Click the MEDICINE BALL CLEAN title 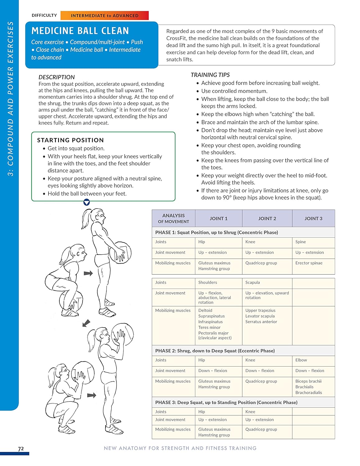point(80,31)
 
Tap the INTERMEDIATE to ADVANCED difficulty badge point(104,16)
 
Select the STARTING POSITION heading point(70,140)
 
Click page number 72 point(21,449)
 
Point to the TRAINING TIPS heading point(210,75)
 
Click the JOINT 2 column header point(267,218)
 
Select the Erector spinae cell point(309,263)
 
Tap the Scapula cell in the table point(252,282)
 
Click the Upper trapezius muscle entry point(260,310)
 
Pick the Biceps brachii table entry point(308,381)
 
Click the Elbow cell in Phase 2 point(301,360)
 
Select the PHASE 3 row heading point(226,402)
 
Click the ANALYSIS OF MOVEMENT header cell point(173,218)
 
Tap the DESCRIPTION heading point(57,77)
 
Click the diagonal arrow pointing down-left point(86,323)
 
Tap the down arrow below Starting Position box point(87,203)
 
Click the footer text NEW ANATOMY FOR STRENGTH point(180,448)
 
